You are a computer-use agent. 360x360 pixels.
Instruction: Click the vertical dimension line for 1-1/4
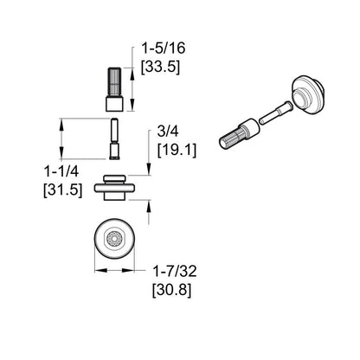click(x=60, y=146)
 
